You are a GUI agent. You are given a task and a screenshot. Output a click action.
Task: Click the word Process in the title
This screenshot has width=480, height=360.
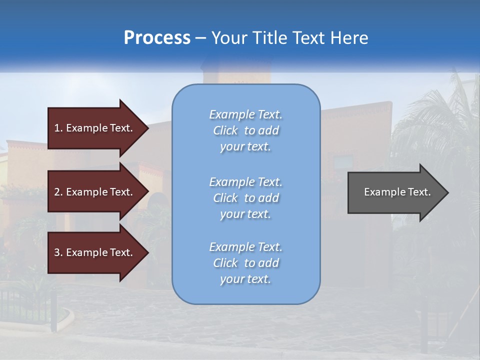click(x=157, y=37)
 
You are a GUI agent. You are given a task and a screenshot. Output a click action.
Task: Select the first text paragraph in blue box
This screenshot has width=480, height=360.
click(x=245, y=130)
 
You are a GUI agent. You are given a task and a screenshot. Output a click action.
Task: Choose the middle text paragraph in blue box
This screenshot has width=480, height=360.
click(x=245, y=198)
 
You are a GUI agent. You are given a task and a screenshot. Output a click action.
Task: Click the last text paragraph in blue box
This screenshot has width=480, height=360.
click(x=245, y=263)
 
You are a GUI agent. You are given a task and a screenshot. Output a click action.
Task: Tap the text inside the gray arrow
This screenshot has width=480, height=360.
click(x=397, y=192)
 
